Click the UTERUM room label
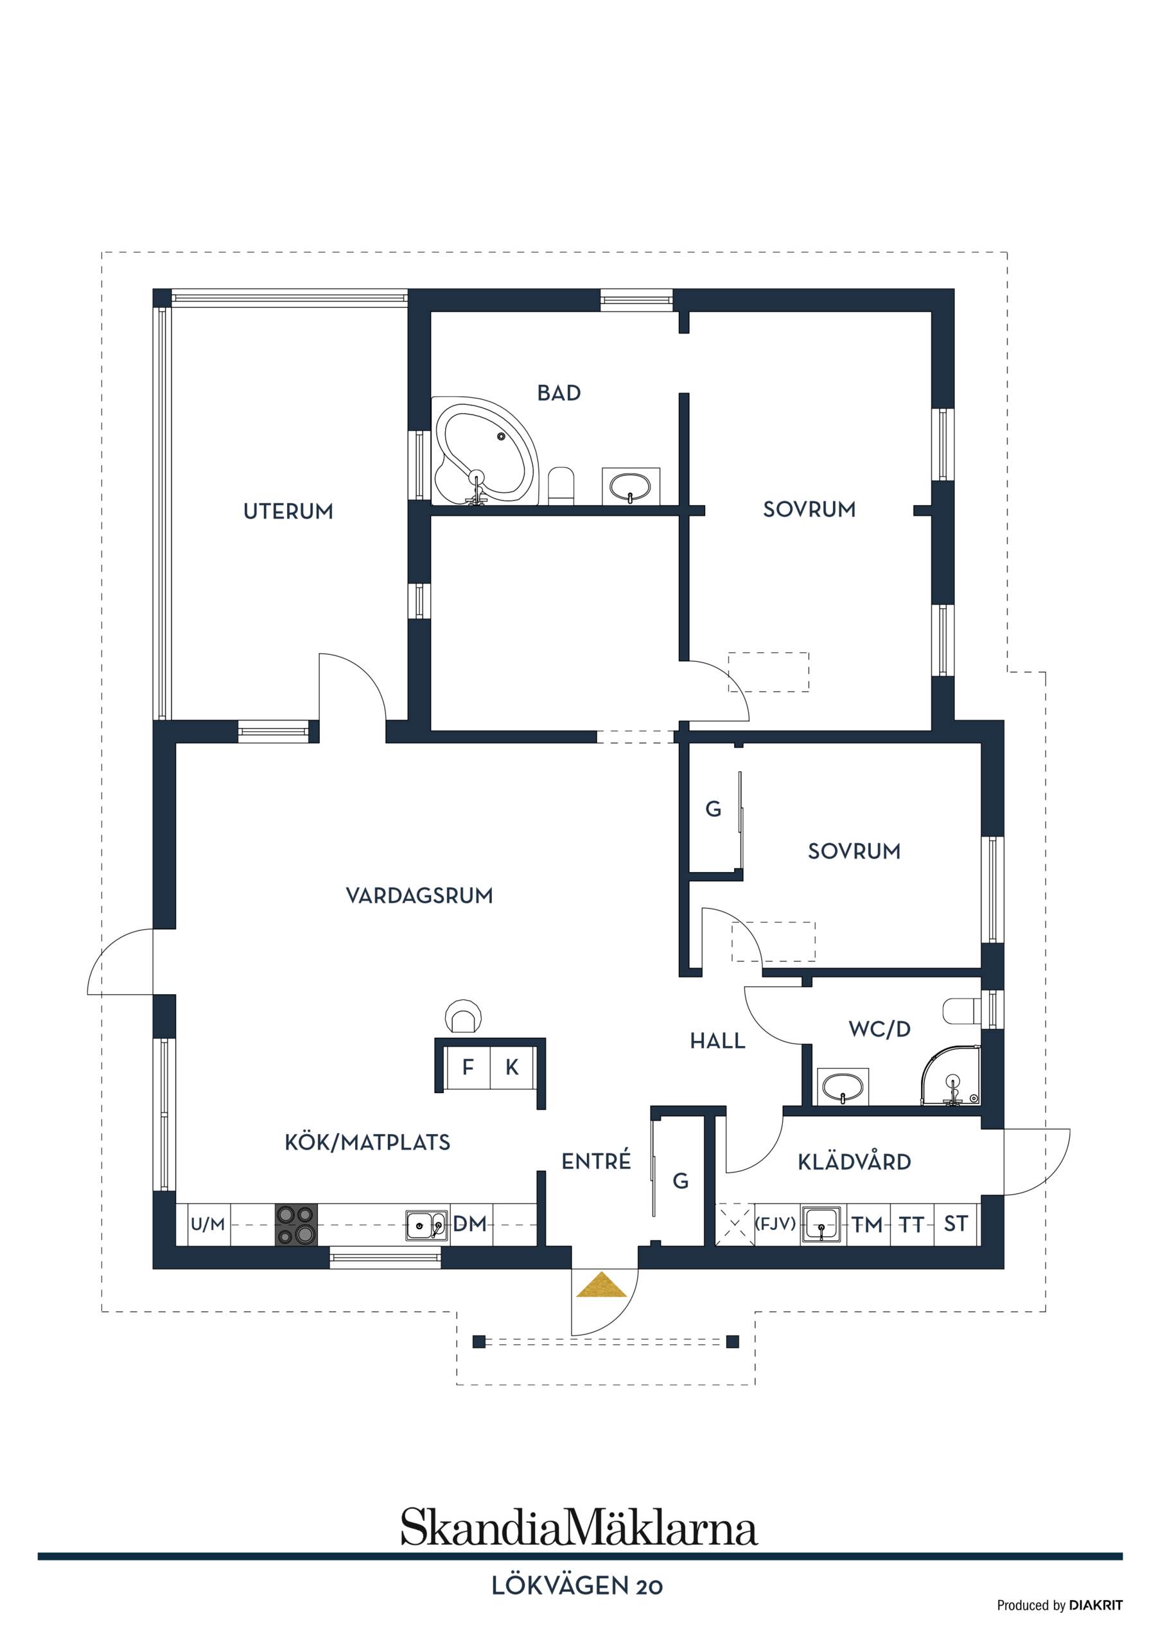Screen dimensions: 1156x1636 tap(288, 511)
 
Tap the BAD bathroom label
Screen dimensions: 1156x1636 tap(559, 393)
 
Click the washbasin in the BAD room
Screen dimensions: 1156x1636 tap(631, 486)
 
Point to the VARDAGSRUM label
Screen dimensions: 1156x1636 tap(419, 896)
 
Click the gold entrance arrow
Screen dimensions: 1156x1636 tap(601, 1284)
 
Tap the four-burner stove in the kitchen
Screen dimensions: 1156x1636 tap(297, 1224)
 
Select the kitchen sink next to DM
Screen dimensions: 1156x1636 tap(426, 1225)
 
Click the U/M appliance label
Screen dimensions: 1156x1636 tap(207, 1224)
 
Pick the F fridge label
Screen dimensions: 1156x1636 tap(468, 1067)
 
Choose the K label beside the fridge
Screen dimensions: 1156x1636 tap(511, 1067)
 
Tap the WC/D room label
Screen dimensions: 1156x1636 tap(880, 1029)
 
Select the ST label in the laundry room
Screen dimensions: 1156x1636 tap(955, 1224)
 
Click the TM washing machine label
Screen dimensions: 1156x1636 tap(867, 1224)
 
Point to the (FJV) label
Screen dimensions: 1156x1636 tap(775, 1224)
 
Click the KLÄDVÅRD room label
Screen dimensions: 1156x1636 tap(854, 1163)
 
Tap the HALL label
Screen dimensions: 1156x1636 tap(717, 1042)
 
